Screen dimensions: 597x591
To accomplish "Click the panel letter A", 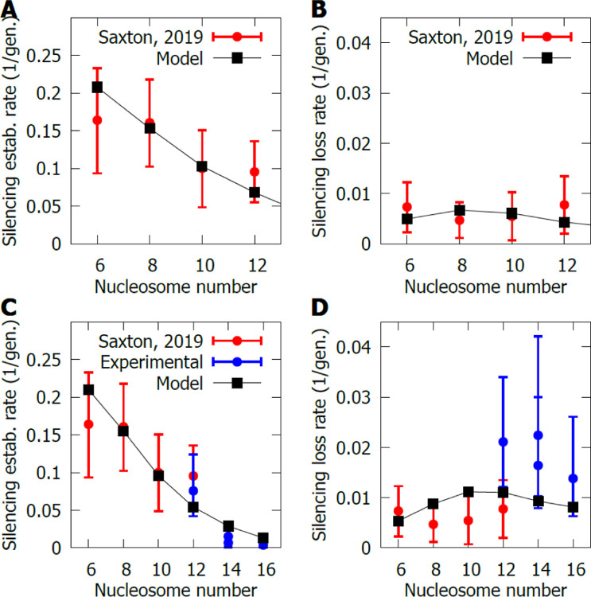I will click(10, 11).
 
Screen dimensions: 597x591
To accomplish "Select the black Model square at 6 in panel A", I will click(98, 87).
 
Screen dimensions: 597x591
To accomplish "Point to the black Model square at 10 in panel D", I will click(469, 493).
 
